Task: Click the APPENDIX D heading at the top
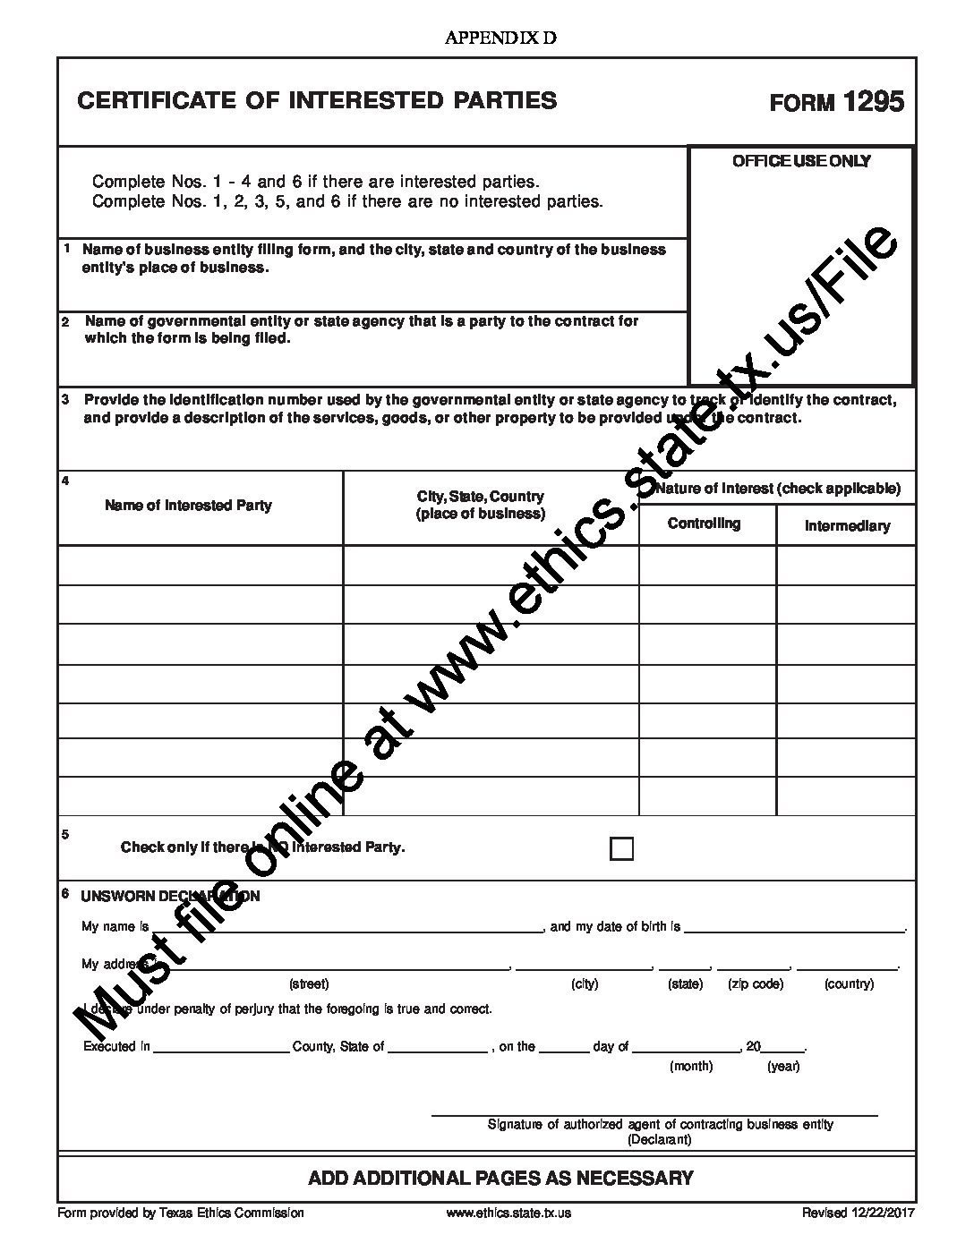pyautogui.click(x=500, y=38)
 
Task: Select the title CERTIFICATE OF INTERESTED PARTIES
pyautogui.click(x=317, y=100)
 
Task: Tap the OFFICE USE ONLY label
pyautogui.click(x=801, y=161)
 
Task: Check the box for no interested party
pyautogui.click(x=621, y=848)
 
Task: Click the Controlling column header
pyautogui.click(x=704, y=524)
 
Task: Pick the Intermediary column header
pyautogui.click(x=846, y=526)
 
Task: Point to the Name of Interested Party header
pyautogui.click(x=188, y=506)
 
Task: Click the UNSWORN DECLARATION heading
pyautogui.click(x=170, y=896)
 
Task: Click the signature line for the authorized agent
pyautogui.click(x=654, y=1112)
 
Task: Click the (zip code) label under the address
pyautogui.click(x=756, y=984)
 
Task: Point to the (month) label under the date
pyautogui.click(x=691, y=1067)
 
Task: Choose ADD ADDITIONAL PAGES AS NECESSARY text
pyautogui.click(x=500, y=1178)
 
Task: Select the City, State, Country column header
pyautogui.click(x=480, y=505)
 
